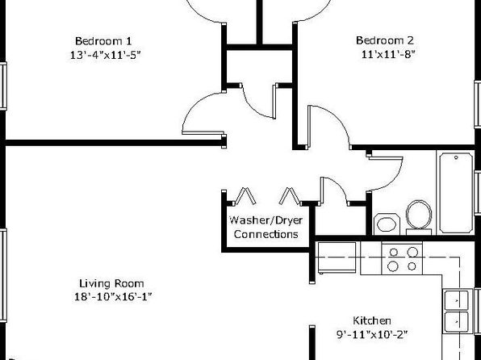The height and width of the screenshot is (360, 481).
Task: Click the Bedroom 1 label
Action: [x=103, y=41]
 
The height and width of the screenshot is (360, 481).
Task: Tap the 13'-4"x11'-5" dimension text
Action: [x=105, y=55]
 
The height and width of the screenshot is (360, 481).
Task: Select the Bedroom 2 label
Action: [x=385, y=40]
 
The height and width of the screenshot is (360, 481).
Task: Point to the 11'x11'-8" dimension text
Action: [x=388, y=54]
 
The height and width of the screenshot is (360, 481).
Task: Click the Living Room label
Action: [x=111, y=283]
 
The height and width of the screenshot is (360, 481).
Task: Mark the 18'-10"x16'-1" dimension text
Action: [x=113, y=297]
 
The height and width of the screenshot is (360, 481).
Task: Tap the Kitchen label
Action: [x=372, y=320]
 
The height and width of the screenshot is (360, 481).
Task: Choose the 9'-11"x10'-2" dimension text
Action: [x=372, y=334]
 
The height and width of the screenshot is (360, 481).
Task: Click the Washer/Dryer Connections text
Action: [x=266, y=228]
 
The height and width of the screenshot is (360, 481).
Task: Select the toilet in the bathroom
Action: [x=419, y=217]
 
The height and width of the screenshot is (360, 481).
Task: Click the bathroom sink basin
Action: [x=387, y=224]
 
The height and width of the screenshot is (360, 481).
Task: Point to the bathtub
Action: [x=456, y=193]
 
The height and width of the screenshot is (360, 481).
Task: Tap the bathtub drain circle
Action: [x=456, y=157]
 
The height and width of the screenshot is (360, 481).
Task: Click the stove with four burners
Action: [x=402, y=258]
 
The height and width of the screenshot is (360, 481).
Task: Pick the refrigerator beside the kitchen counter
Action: [x=337, y=257]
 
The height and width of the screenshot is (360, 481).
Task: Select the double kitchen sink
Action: [x=457, y=311]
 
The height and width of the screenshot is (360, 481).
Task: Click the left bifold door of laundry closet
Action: [x=245, y=196]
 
